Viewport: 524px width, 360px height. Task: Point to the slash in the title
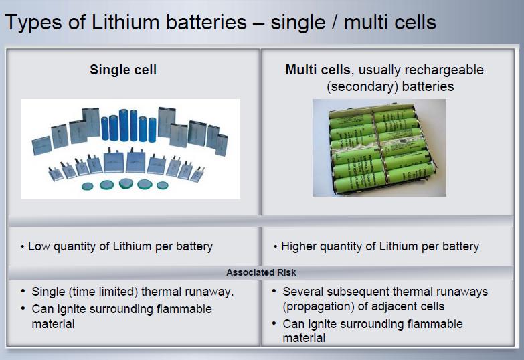coord(335,23)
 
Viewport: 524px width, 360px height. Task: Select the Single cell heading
coord(123,70)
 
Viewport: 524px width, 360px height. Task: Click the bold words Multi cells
coord(317,70)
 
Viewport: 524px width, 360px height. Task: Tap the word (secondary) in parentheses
coord(362,86)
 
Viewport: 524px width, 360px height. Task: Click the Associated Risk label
coord(261,272)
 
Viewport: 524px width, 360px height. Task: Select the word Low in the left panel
coord(39,246)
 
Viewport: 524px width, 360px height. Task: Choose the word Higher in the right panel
coord(298,246)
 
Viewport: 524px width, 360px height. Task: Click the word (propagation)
coord(319,307)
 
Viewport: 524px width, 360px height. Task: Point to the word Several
coord(303,292)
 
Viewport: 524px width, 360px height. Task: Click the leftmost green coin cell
coord(88,186)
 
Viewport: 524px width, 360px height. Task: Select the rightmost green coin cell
coord(163,185)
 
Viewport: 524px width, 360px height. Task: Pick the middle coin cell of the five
coord(126,183)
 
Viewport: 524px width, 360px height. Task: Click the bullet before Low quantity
coord(22,247)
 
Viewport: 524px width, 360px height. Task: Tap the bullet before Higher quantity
coord(275,247)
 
